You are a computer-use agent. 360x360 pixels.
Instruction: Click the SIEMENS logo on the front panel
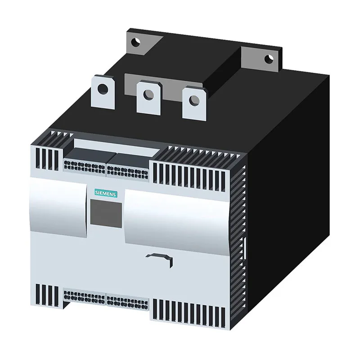(105, 193)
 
